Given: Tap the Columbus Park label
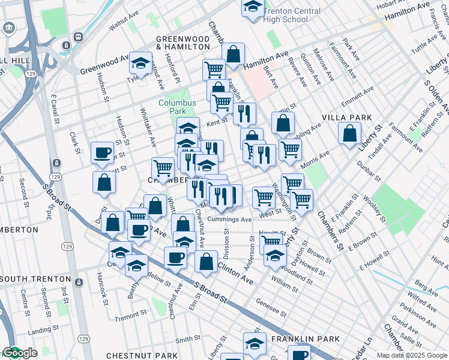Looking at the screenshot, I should pyautogui.click(x=177, y=107).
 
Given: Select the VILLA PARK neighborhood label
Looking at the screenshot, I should pyautogui.click(x=346, y=117).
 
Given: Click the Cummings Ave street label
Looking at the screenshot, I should pyautogui.click(x=231, y=220).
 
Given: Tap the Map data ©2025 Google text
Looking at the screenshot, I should pyautogui.click(x=412, y=355).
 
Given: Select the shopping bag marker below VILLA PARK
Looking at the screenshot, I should pyautogui.click(x=349, y=133).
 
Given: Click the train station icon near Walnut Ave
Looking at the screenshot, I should pyautogui.click(x=78, y=36).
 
